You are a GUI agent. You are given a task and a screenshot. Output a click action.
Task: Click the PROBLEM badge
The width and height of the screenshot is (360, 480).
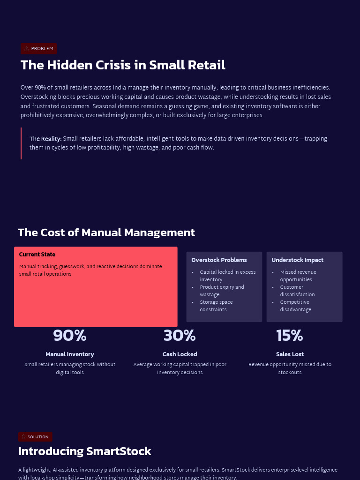[x=38, y=49]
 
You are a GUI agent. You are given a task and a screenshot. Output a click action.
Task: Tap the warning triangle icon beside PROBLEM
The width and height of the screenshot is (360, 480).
[x=27, y=49]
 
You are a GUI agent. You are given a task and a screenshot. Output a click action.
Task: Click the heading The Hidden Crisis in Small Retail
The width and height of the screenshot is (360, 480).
[x=123, y=65]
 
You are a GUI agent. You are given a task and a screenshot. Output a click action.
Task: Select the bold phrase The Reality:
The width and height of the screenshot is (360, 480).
[x=45, y=139]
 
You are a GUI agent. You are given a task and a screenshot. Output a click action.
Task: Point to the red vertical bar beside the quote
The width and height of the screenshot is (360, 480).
[x=21, y=143]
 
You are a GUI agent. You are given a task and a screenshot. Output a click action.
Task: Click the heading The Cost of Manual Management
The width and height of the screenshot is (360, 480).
[x=106, y=232]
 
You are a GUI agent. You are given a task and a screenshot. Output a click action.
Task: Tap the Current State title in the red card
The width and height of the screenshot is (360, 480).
[x=37, y=255]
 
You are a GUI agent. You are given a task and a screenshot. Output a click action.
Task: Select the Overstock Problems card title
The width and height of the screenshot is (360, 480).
[x=219, y=260]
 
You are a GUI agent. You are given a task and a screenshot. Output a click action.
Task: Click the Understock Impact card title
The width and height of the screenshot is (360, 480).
[x=297, y=260]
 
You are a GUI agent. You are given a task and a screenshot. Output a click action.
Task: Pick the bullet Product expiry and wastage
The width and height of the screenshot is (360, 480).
[x=222, y=291]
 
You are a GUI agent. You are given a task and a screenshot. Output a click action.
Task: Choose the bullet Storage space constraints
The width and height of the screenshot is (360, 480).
[x=216, y=306]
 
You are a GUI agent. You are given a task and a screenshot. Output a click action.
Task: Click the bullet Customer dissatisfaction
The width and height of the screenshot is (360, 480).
[x=297, y=291]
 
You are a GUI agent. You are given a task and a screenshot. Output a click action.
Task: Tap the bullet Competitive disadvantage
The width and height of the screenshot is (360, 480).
[x=295, y=306]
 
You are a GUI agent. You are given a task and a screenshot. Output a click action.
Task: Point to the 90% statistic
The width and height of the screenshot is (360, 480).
[x=70, y=336]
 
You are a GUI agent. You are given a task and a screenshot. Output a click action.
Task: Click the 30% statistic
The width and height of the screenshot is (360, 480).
[x=180, y=336]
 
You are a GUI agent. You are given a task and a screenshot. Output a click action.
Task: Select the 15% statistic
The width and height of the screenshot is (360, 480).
[x=290, y=336]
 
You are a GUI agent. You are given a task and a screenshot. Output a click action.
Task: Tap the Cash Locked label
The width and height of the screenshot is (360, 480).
[x=180, y=354]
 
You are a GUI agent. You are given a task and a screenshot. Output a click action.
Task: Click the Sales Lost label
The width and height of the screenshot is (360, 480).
[x=290, y=354]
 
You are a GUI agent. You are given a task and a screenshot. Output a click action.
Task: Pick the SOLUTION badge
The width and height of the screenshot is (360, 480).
[x=35, y=437]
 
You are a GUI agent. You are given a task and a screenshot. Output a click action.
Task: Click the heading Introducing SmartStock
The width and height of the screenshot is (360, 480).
[x=84, y=451]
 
